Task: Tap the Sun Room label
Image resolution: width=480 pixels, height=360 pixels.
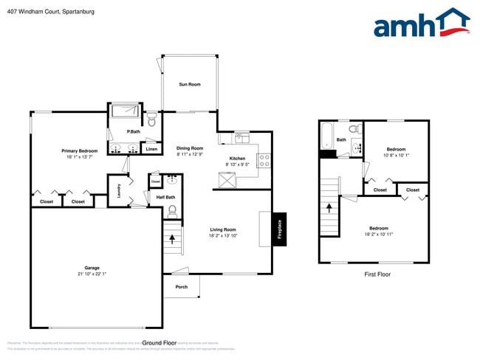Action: click(189, 85)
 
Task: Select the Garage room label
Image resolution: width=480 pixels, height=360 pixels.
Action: click(92, 268)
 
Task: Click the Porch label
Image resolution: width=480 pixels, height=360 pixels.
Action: click(181, 287)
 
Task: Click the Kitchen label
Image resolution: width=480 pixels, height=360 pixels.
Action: click(237, 159)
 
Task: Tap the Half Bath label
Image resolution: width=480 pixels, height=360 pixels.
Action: click(165, 197)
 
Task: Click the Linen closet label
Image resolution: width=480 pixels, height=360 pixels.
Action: click(151, 150)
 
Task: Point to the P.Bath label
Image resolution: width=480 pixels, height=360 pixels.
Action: click(134, 131)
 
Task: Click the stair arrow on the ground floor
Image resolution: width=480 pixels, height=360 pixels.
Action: click(174, 239)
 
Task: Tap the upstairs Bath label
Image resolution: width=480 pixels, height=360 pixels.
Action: click(341, 139)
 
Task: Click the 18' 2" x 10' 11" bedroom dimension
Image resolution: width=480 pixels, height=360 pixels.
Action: click(379, 234)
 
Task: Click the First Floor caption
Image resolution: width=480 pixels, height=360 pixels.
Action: click(377, 274)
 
